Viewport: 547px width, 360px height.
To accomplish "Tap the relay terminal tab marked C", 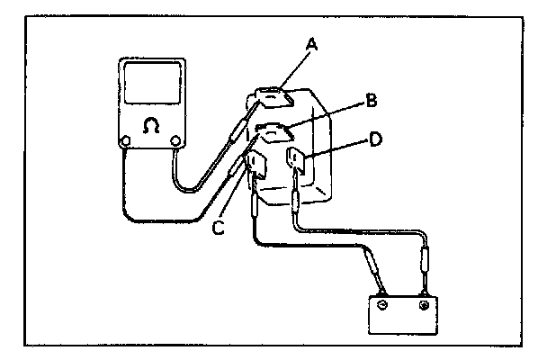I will tap(256, 166).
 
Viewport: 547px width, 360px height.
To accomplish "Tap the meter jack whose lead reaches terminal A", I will tap(175, 139).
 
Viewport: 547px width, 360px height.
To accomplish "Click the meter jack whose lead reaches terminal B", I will tap(126, 139).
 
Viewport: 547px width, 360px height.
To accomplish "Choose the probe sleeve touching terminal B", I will tap(235, 169).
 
